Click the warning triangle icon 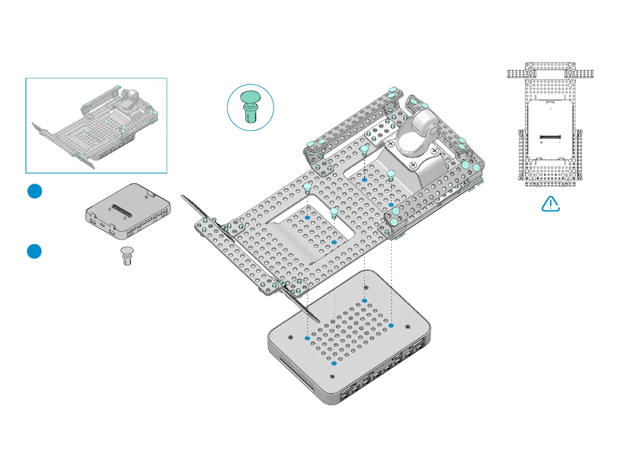(550, 204)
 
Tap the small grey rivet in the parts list (127, 256)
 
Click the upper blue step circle (35, 191)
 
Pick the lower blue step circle (34, 251)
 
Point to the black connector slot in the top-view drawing (550, 137)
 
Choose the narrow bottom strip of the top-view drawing (550, 184)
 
